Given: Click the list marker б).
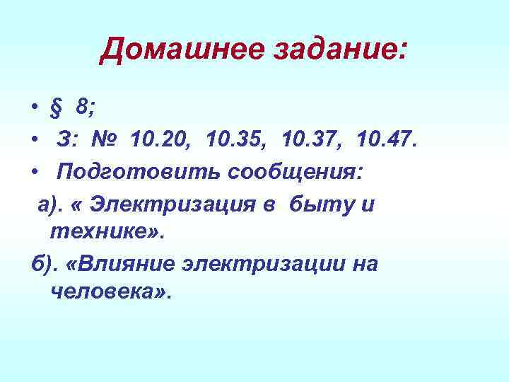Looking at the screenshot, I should point(44,264).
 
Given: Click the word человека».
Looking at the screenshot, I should point(111,291).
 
